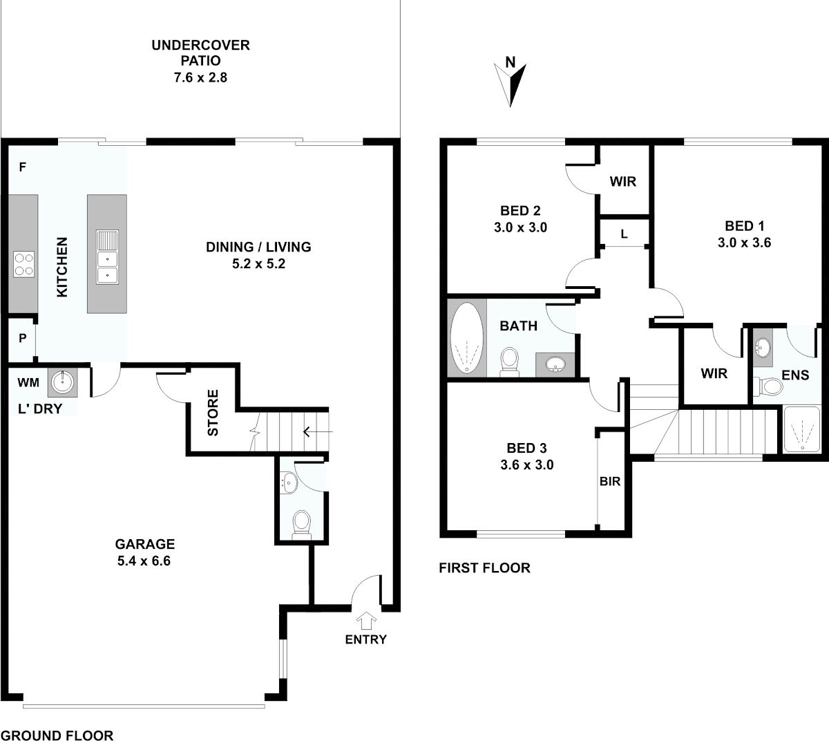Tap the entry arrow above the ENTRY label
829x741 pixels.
pyautogui.click(x=366, y=620)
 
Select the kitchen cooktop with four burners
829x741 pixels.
pyautogui.click(x=23, y=265)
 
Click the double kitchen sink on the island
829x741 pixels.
pyautogui.click(x=107, y=257)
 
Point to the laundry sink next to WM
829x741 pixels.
pyautogui.click(x=62, y=383)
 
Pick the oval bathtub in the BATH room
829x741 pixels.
pyautogui.click(x=466, y=337)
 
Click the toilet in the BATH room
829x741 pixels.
pyautogui.click(x=509, y=362)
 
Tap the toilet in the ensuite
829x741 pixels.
pyautogui.click(x=768, y=386)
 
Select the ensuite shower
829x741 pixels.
pyautogui.click(x=802, y=429)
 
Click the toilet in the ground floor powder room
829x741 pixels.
pyautogui.click(x=302, y=525)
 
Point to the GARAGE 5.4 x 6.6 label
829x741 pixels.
pyautogui.click(x=144, y=552)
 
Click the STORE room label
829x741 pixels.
pyautogui.click(x=213, y=413)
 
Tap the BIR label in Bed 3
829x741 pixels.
pyautogui.click(x=610, y=482)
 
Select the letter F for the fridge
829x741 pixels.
pyautogui.click(x=23, y=167)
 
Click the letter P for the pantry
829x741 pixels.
pyautogui.click(x=23, y=338)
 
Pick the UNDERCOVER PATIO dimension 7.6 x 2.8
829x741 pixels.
pyautogui.click(x=200, y=77)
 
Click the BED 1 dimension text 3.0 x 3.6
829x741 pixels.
pyautogui.click(x=744, y=243)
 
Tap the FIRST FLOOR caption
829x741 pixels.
pyautogui.click(x=484, y=568)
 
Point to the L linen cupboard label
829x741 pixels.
pyautogui.click(x=624, y=234)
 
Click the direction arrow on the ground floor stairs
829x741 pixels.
pyautogui.click(x=318, y=431)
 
